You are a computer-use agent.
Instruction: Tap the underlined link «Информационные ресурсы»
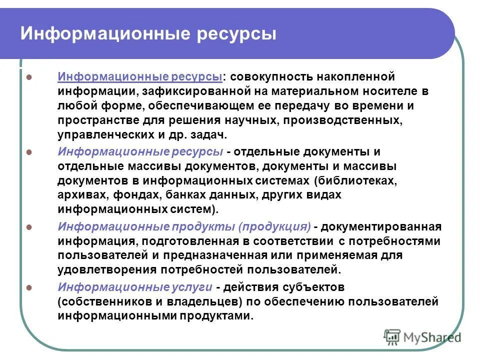tap(140, 77)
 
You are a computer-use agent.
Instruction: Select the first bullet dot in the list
tap(29, 78)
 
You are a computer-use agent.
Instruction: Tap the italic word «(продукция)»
tap(274, 227)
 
